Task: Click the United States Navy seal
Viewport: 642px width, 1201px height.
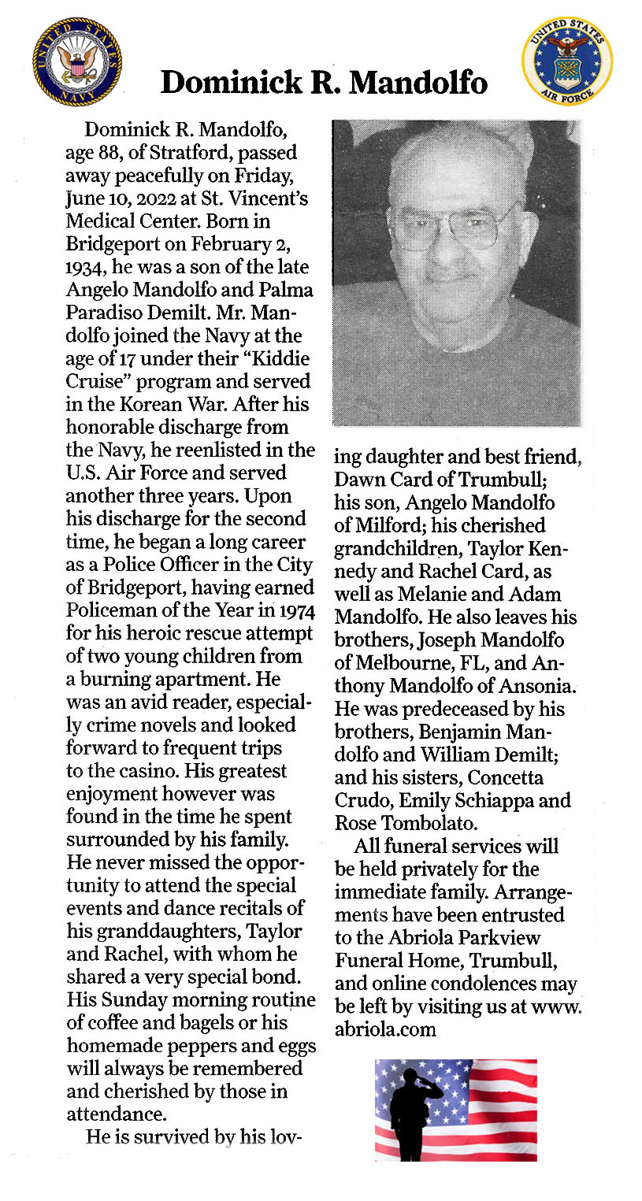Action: coord(76,61)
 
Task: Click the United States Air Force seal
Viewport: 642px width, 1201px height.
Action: coord(567,61)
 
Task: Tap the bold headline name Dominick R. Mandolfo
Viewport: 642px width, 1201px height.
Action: coord(324,82)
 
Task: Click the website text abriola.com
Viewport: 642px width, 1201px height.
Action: coord(386,1029)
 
